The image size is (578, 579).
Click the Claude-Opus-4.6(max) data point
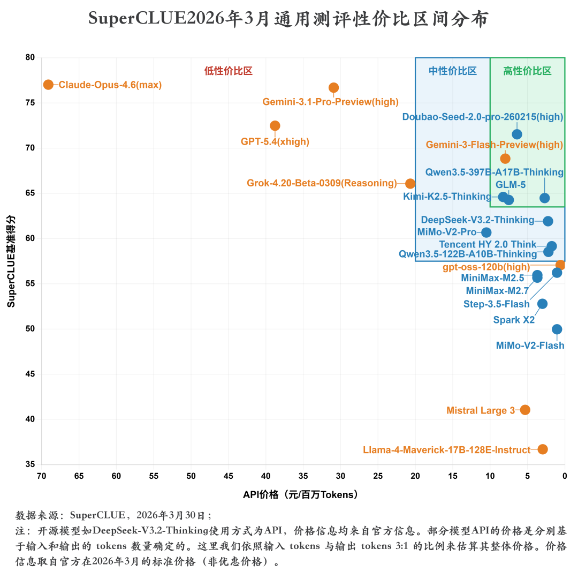coord(48,85)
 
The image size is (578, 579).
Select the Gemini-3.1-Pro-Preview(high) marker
coord(333,87)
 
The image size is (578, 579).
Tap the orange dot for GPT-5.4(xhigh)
coord(275,126)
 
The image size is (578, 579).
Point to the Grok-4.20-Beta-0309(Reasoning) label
coord(322,183)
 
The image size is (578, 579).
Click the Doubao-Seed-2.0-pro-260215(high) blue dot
coord(517,134)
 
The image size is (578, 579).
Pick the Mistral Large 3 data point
coord(525,410)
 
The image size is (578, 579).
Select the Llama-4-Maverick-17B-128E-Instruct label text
coord(446,450)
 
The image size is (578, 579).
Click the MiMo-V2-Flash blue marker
coord(557,329)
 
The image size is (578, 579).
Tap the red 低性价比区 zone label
coord(228,71)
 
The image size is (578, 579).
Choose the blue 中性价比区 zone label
coord(452,71)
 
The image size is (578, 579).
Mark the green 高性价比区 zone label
coord(527,71)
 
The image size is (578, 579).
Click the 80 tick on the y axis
coord(30,57)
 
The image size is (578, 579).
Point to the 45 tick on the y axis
coord(30,374)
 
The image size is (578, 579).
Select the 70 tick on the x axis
coord(42,476)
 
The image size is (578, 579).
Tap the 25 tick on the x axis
coord(378,476)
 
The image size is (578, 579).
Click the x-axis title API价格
coord(300,495)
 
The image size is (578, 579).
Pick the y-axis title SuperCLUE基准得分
coord(11,261)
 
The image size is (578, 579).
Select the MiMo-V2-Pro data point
coord(486,232)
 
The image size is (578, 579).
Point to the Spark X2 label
coord(514,320)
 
